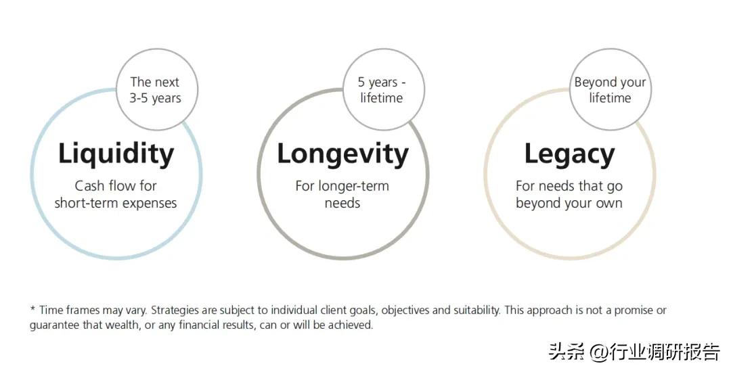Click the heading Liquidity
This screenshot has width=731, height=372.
(x=116, y=154)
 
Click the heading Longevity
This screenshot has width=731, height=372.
(x=342, y=154)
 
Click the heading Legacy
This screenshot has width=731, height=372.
(x=569, y=154)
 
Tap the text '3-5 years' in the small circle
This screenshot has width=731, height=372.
(x=155, y=98)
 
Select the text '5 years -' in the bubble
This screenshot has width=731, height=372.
(x=382, y=83)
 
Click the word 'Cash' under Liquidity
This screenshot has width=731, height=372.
(x=89, y=186)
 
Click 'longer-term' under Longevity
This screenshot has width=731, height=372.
(x=353, y=186)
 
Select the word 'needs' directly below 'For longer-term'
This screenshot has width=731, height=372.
(x=342, y=204)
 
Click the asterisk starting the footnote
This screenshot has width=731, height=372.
(x=32, y=308)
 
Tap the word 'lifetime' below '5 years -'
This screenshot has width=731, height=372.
(x=381, y=98)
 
